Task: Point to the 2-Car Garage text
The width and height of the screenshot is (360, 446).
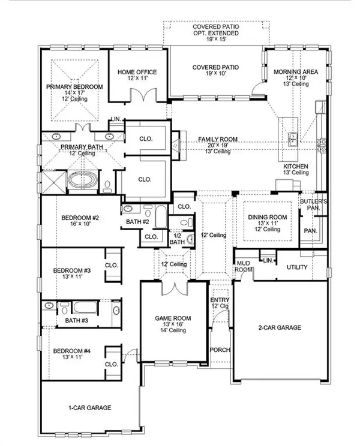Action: click(280, 327)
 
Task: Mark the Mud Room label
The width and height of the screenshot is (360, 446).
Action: click(243, 266)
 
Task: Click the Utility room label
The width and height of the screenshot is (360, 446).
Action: click(298, 267)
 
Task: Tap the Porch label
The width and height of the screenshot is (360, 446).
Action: click(220, 349)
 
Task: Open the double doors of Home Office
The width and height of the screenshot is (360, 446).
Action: click(140, 95)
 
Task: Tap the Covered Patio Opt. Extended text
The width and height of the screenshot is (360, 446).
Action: click(215, 34)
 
